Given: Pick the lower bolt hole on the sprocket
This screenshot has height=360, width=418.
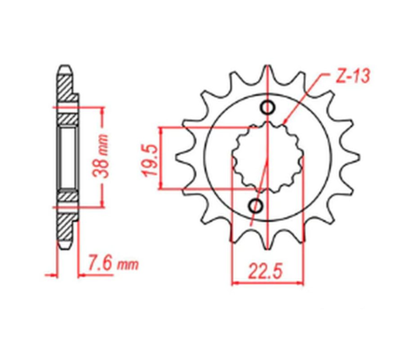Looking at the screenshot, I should point(257,205).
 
